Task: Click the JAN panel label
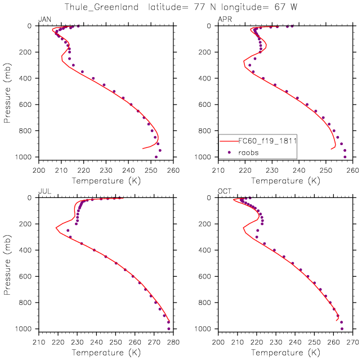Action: (x=44, y=20)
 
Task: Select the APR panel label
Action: (x=225, y=20)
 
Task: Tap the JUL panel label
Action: (x=44, y=192)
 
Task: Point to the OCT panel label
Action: (x=225, y=192)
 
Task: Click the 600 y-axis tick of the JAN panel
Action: (x=26, y=105)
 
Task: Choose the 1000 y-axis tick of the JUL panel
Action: (x=25, y=328)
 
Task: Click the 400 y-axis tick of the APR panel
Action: (x=207, y=78)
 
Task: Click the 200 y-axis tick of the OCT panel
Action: (x=207, y=224)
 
